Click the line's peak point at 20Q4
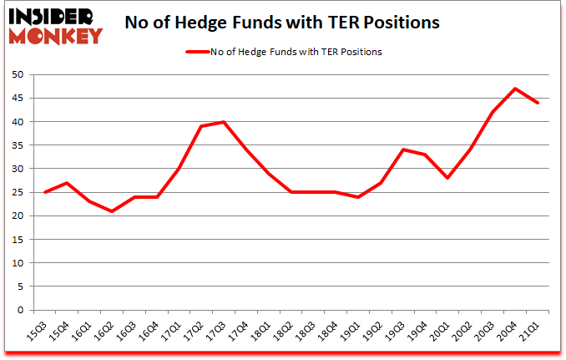(x=516, y=89)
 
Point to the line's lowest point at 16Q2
(x=112, y=211)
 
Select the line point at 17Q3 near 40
(x=224, y=122)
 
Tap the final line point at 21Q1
(x=538, y=103)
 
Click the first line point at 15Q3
(x=44, y=192)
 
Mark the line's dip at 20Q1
(x=448, y=178)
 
